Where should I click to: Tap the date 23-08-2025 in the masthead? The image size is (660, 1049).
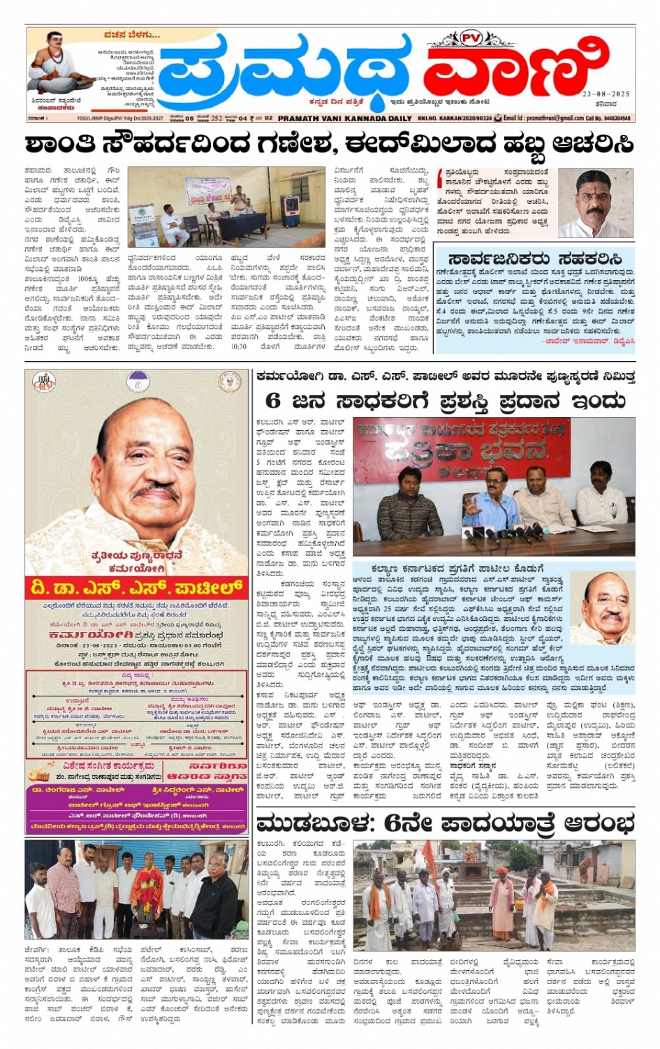[x=606, y=94]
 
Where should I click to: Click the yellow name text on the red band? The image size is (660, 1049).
[x=136, y=587]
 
